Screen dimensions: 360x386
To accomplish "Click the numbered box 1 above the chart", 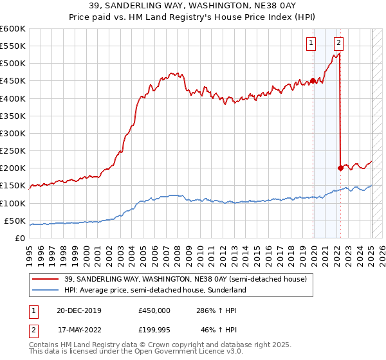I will tap(311, 43).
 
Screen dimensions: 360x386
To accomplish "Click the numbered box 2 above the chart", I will tap(338, 43).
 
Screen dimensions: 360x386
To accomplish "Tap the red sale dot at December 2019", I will tap(313, 80).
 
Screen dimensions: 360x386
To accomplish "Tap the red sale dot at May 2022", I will tap(340, 168).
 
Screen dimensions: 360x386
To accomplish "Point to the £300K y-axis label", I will tap(13, 133).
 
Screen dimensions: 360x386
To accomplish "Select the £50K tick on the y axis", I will tap(15, 221).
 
